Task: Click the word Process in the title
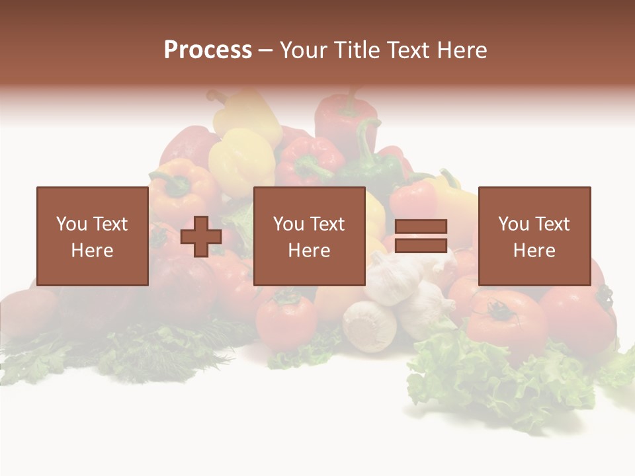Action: (208, 50)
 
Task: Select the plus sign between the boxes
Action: (201, 236)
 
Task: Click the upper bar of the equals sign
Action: (421, 226)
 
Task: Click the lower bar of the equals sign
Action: (421, 245)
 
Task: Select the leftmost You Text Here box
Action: (93, 236)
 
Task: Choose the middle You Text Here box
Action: (310, 236)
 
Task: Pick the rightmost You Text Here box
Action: (534, 236)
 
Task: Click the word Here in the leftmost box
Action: (93, 251)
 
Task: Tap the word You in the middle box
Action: (288, 224)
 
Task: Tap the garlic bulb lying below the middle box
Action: (368, 325)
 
